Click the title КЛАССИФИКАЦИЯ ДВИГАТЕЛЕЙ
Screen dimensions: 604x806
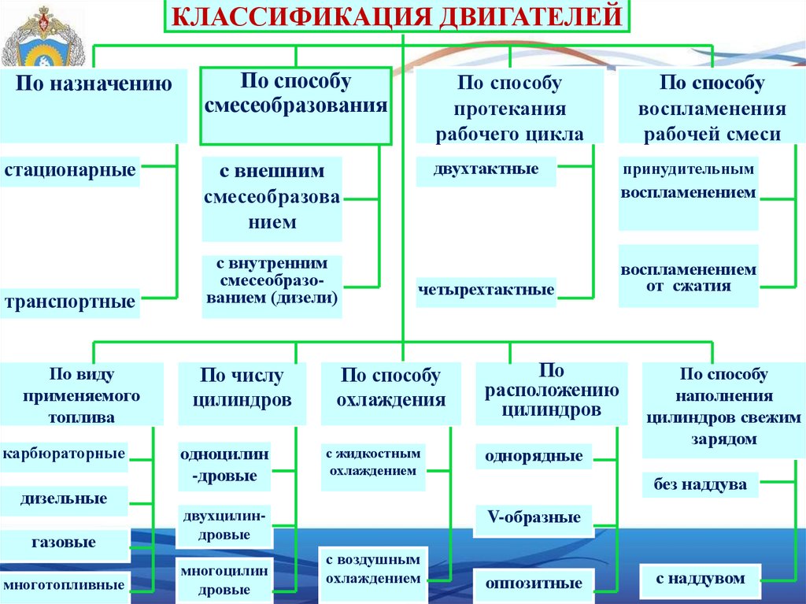click(x=397, y=17)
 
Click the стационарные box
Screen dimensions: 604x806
click(x=70, y=170)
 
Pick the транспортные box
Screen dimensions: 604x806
click(x=70, y=302)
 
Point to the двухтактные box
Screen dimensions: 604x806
click(x=486, y=170)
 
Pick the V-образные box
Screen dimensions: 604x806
click(x=534, y=518)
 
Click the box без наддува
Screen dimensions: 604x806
click(x=700, y=485)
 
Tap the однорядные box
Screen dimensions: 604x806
click(x=534, y=456)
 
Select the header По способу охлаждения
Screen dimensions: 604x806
click(x=391, y=388)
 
